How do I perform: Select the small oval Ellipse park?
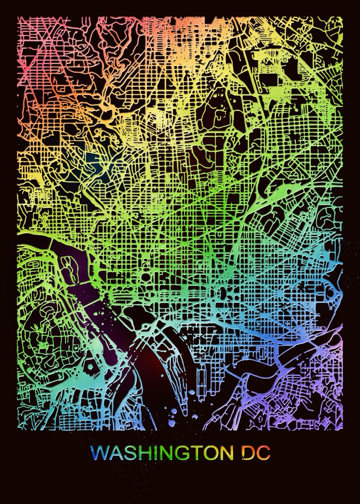click(145, 278)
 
